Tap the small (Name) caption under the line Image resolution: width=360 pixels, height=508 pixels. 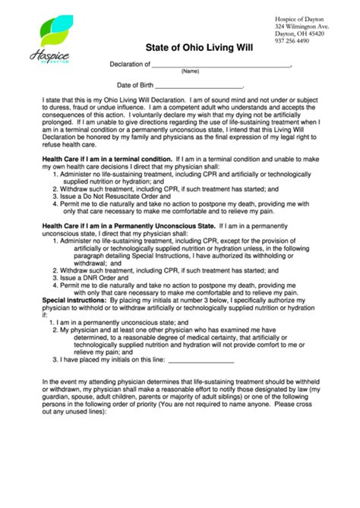click(x=190, y=71)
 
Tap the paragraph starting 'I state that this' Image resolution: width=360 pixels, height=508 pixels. click(x=181, y=121)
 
